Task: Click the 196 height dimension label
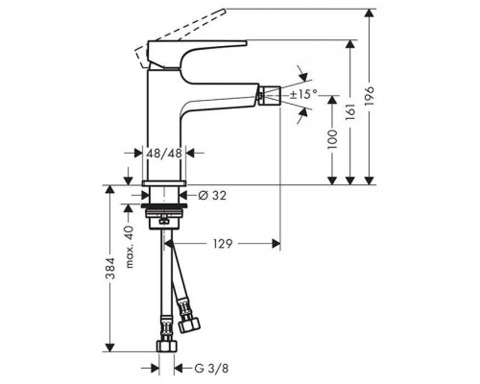click(370, 95)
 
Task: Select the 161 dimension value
click(350, 112)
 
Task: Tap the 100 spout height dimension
click(332, 139)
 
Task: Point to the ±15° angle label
click(303, 94)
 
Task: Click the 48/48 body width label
click(164, 154)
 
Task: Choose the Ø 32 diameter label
click(212, 195)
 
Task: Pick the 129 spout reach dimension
click(223, 244)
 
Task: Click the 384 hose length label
click(110, 268)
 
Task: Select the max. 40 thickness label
click(129, 247)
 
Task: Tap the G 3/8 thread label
click(211, 369)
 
